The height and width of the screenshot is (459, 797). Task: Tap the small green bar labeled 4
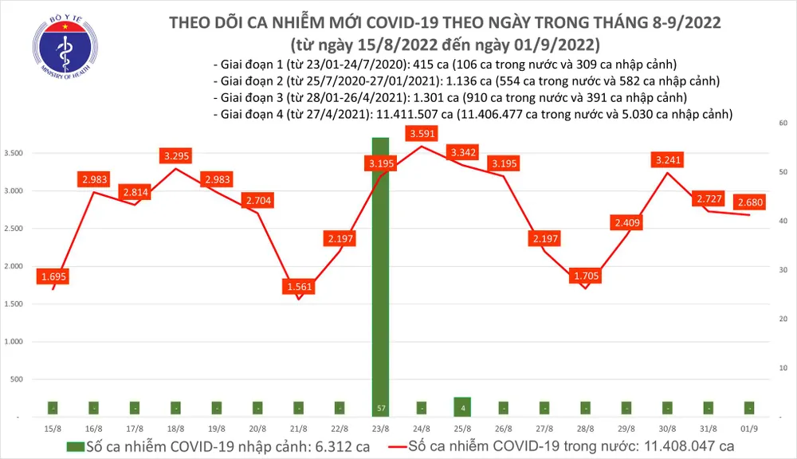462,406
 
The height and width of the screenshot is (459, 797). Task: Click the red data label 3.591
421,134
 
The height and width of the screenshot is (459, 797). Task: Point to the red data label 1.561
299,286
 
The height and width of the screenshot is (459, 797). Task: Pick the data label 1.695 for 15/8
53,277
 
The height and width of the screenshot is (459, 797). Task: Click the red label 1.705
586,277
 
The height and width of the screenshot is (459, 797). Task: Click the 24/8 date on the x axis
421,428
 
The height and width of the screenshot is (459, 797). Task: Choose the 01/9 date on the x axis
748,428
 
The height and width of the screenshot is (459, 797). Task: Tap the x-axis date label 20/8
257,428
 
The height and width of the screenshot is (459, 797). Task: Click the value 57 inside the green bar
381,409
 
